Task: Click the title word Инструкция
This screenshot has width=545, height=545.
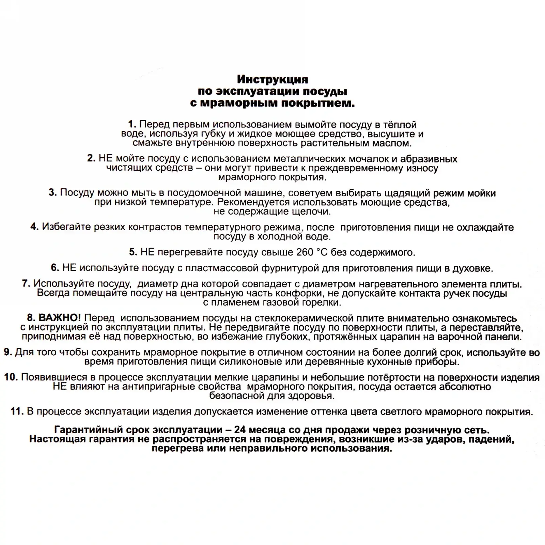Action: (272, 79)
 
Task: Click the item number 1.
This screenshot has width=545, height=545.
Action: (132, 125)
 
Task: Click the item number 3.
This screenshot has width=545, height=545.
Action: (52, 193)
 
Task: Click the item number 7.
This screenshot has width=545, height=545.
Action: (26, 284)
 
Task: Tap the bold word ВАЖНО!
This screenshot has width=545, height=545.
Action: (59, 318)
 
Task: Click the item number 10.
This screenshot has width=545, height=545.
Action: (11, 377)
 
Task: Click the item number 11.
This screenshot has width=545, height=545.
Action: (17, 411)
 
